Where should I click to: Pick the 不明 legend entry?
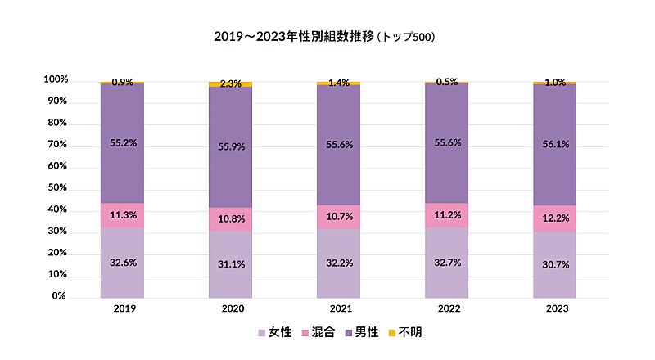(x=406, y=333)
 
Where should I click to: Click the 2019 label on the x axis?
(x=123, y=310)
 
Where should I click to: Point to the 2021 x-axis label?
(x=339, y=310)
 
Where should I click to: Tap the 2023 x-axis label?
(x=555, y=310)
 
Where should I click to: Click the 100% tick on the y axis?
(x=56, y=80)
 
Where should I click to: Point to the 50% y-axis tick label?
(x=57, y=188)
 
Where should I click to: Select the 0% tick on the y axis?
(x=60, y=296)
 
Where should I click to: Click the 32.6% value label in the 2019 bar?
(x=123, y=263)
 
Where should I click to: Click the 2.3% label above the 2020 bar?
(x=231, y=83)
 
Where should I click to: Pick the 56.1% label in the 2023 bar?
(x=555, y=144)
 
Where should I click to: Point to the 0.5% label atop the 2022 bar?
(x=447, y=81)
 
